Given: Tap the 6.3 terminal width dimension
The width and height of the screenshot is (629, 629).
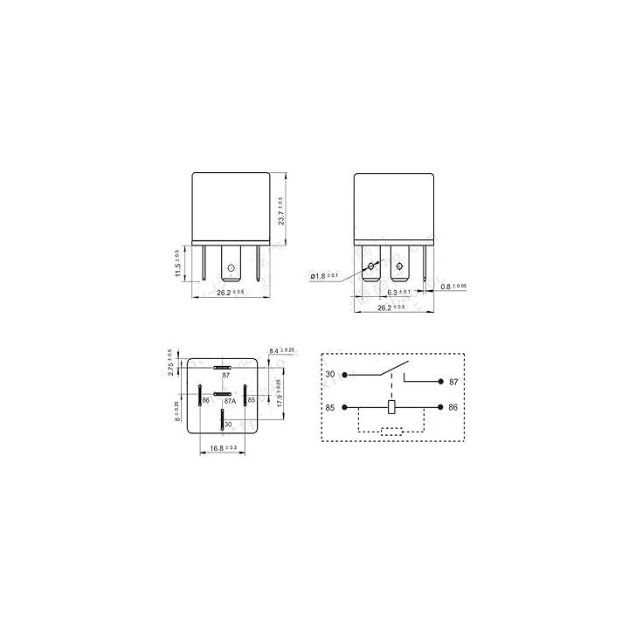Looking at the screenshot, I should coord(397,292).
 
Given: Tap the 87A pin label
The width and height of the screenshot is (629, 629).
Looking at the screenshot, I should coord(230,401).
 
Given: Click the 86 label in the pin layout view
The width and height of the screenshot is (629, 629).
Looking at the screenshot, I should coord(206,400).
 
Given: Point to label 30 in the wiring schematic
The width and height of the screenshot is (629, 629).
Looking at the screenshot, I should coord(329,375).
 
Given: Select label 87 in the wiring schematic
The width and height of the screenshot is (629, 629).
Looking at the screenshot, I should coord(453,382).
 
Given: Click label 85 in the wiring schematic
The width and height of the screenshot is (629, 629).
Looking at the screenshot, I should coord(329,407).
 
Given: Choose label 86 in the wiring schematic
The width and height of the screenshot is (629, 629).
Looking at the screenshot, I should coord(453,407).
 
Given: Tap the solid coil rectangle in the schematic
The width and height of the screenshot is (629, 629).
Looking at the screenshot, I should coord(393,407).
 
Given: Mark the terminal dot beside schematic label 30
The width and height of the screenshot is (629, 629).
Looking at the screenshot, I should coord(345,375).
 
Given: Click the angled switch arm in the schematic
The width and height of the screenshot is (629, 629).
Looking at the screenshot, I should coord(392,368).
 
